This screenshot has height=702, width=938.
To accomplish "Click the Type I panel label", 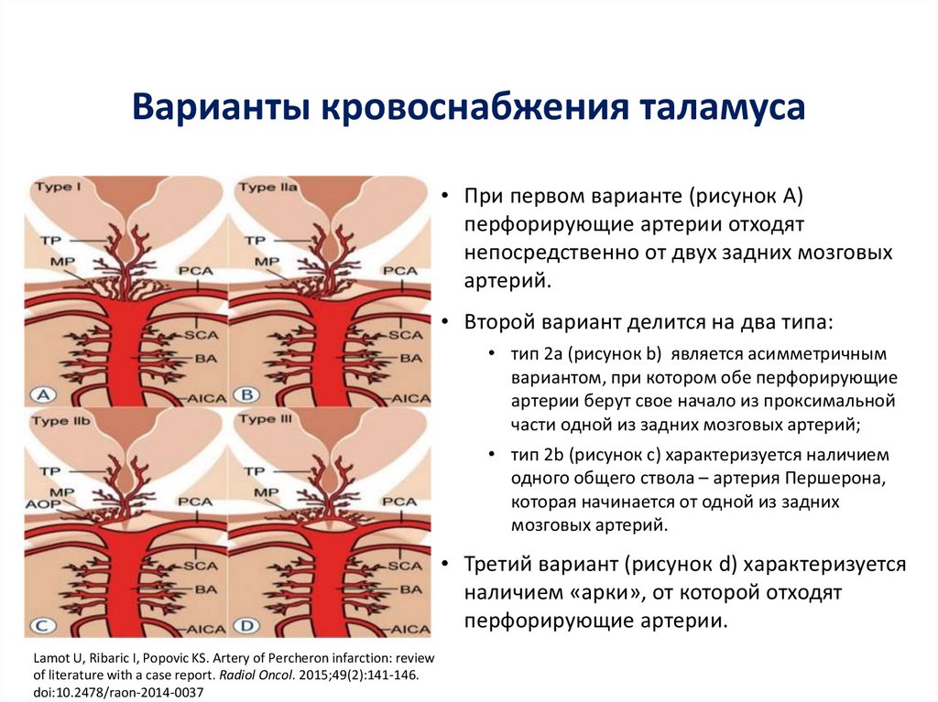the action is tap(58, 187).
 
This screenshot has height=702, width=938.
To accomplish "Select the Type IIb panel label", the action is tap(62, 421).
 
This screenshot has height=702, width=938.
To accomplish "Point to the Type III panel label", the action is tap(267, 419).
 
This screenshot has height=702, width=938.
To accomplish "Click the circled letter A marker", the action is tap(45, 395).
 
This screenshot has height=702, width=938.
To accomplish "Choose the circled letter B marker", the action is tap(247, 395).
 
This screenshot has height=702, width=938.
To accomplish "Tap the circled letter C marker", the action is tap(45, 628).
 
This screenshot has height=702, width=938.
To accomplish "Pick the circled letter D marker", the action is tap(247, 628).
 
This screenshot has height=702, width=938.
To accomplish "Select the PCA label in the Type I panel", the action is tap(195, 271).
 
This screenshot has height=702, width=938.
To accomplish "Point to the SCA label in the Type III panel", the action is tap(404, 567).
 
